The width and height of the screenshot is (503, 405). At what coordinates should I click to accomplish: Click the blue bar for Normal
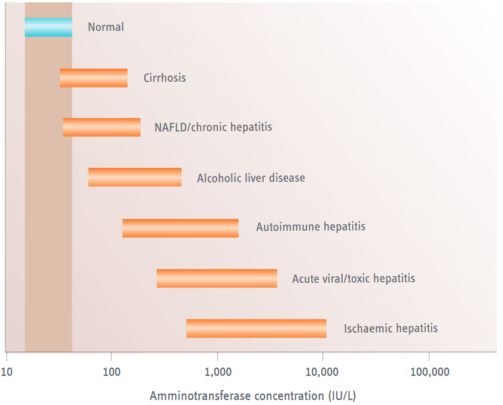click(48, 27)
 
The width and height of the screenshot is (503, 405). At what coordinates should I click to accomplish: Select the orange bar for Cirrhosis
click(93, 78)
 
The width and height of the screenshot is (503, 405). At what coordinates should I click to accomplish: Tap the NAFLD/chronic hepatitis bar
click(102, 127)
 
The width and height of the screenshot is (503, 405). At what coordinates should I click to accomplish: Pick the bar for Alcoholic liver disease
click(135, 177)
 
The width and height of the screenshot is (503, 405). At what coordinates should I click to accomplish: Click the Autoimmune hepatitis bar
click(180, 228)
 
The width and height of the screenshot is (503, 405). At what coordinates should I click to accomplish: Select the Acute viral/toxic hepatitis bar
click(217, 278)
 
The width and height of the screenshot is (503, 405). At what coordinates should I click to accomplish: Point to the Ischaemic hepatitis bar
click(256, 329)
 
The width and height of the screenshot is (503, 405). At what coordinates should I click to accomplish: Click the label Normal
click(106, 27)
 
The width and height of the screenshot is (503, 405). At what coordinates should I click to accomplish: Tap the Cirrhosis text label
click(164, 78)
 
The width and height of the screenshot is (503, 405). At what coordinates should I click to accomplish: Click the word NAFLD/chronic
click(186, 127)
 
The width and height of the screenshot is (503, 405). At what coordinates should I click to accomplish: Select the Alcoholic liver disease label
click(251, 178)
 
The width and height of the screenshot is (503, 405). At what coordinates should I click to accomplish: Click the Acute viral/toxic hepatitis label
click(353, 279)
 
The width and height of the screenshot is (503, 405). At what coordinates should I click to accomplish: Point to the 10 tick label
click(7, 372)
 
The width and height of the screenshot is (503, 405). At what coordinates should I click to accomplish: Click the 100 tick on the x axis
click(111, 372)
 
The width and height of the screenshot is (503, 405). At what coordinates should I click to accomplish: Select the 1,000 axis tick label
click(217, 372)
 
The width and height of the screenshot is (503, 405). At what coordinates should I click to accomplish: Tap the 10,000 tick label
click(322, 372)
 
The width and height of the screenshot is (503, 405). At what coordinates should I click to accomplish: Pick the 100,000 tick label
click(429, 372)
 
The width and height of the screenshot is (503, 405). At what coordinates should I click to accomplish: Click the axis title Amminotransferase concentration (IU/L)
click(252, 395)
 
